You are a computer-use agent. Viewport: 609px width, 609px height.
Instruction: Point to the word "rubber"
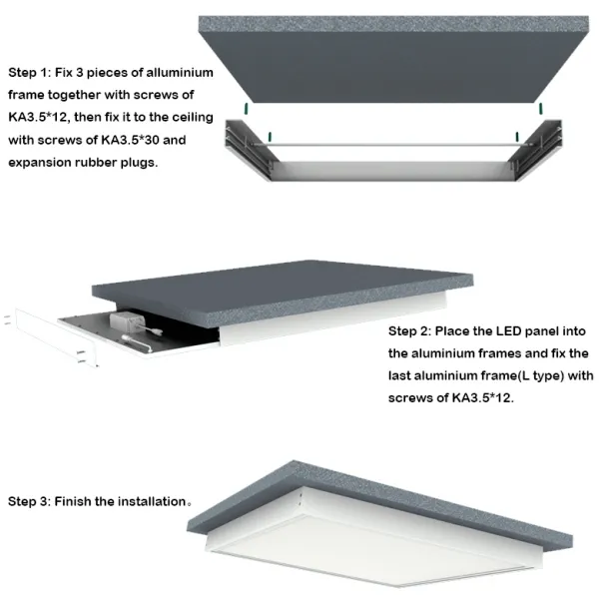point(96,163)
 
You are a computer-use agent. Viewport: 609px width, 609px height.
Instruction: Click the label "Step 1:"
point(30,74)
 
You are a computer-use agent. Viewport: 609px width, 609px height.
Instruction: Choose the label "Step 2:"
point(409,331)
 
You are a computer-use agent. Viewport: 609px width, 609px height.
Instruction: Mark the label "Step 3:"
point(29,501)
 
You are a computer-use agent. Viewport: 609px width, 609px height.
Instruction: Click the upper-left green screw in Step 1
point(247,109)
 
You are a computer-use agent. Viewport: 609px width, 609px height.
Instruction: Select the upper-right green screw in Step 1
point(540,109)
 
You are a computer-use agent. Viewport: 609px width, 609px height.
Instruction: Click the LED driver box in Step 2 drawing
point(125,321)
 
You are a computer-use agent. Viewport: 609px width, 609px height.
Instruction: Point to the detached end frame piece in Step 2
point(56,337)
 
